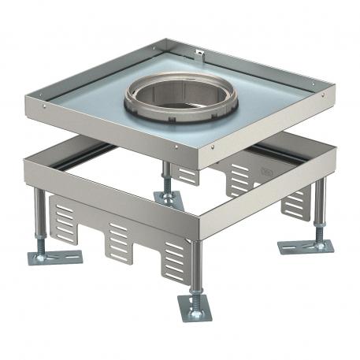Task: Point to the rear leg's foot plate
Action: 169,199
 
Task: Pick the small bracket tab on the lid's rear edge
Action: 199,55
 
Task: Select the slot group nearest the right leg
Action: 295,203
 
